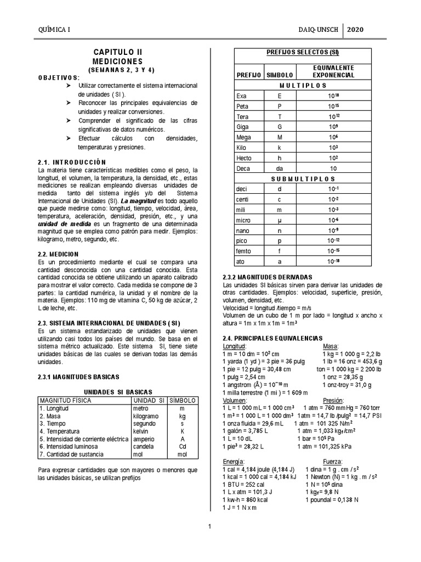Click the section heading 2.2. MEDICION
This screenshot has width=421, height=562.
point(59,254)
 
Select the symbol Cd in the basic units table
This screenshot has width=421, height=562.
point(182,447)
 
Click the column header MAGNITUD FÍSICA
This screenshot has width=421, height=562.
point(63,401)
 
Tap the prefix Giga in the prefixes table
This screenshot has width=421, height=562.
point(242,126)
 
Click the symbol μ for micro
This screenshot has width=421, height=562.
point(280,220)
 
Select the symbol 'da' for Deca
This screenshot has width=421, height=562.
point(280,168)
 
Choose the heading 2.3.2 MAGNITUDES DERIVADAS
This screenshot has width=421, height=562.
point(266,278)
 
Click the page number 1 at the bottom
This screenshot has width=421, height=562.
point(209,527)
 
